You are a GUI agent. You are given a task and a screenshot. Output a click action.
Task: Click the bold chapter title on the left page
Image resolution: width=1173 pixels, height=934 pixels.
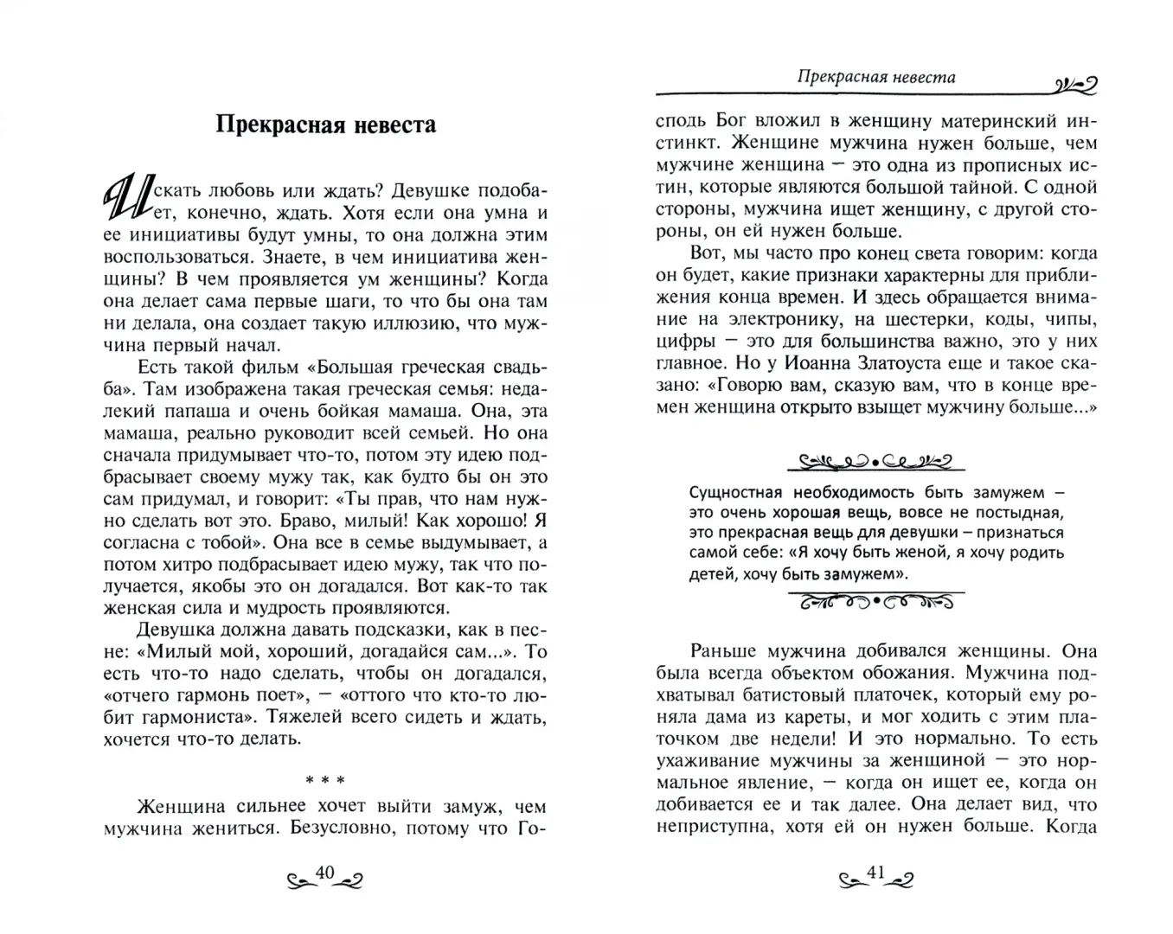(325, 125)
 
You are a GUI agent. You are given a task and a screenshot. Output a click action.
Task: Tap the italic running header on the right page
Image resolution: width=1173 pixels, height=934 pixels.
(875, 77)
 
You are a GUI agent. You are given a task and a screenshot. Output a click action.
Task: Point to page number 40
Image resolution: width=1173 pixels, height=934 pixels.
(324, 874)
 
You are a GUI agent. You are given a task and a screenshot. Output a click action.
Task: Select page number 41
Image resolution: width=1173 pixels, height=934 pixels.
(876, 874)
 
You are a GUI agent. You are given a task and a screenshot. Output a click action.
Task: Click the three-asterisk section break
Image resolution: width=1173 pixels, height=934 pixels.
(324, 781)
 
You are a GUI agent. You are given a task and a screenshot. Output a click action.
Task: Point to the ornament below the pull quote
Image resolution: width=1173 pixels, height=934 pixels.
(875, 601)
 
